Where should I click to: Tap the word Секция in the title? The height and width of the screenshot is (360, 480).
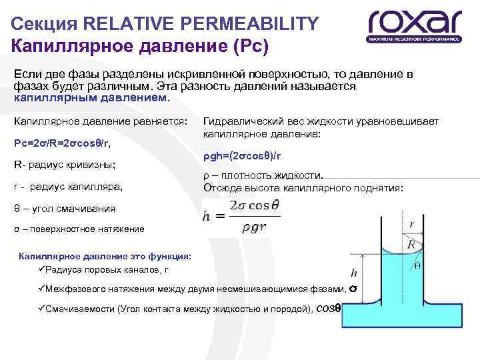coord(42,25)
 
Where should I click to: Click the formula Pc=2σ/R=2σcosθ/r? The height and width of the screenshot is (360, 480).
coord(62,143)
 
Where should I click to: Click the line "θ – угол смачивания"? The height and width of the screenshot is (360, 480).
coord(64,208)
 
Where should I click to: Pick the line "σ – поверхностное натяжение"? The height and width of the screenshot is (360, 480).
coord(79,229)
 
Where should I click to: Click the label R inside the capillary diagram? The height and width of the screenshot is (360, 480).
coord(411,245)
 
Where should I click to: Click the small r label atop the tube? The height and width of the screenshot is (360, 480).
coord(414,225)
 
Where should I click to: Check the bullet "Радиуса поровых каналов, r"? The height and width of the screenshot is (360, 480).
coord(104,269)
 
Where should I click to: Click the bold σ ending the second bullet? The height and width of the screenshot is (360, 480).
coord(353,289)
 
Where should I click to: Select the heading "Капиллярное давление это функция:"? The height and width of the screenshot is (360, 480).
coord(105,256)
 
